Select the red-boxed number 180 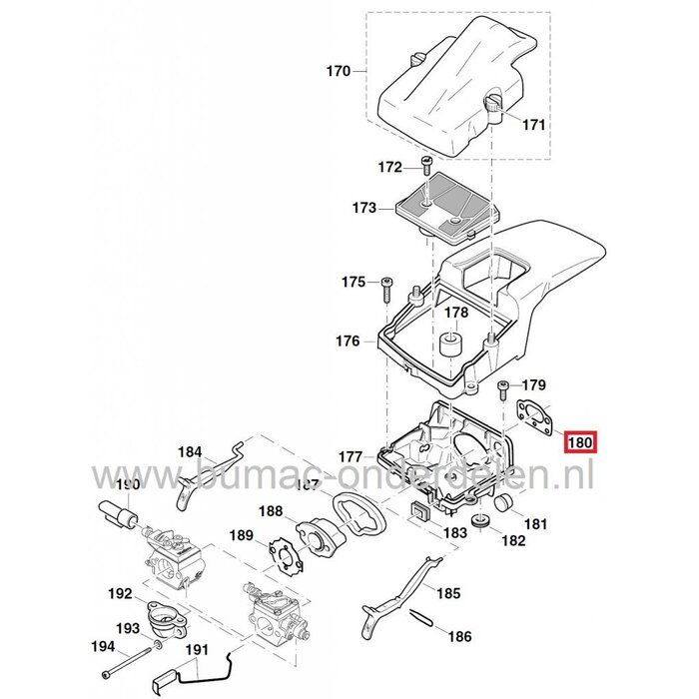click(x=581, y=441)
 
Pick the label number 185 click(x=448, y=593)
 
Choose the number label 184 click(x=190, y=450)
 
